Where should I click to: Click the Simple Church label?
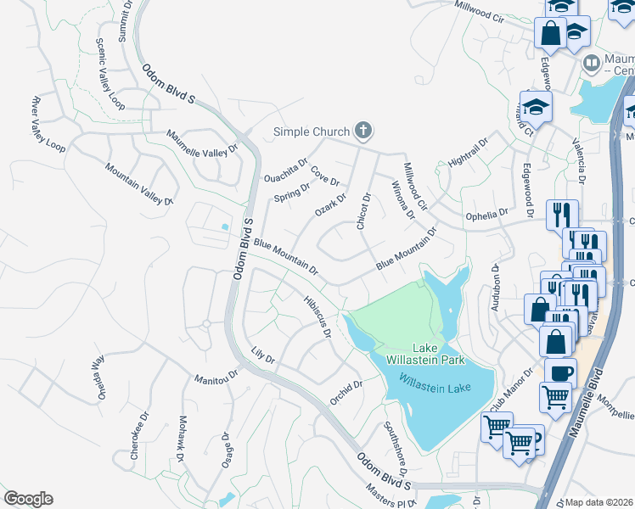coord(311,131)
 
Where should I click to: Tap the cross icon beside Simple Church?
coord(363,131)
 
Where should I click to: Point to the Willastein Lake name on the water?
coord(435,379)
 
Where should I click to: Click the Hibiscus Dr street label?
coord(317,315)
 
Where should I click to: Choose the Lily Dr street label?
coord(264,355)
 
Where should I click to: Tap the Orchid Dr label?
coord(346,392)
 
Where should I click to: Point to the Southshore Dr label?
coord(396,449)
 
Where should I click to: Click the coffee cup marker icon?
coord(560,372)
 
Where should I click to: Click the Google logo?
coord(28,499)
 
